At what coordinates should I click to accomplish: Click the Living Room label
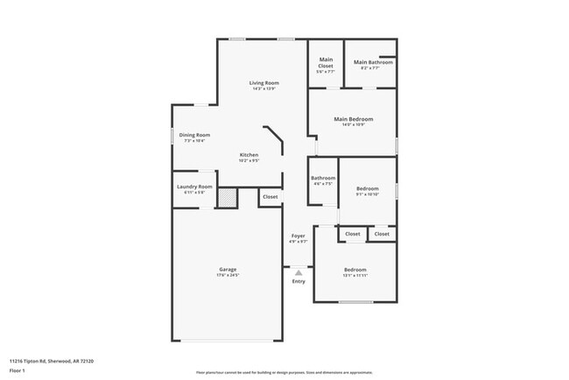(264, 82)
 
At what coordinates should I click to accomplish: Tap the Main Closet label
(325, 62)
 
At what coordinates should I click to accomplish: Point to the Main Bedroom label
(353, 119)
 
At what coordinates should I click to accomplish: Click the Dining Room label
(194, 135)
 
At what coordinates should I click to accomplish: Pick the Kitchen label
(249, 155)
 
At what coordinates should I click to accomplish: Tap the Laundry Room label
(194, 186)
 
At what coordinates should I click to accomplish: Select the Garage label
(228, 269)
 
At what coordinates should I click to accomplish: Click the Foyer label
(298, 236)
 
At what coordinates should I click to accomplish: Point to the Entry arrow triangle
(299, 273)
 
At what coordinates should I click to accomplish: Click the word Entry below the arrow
(299, 281)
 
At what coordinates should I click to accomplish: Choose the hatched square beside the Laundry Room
(227, 199)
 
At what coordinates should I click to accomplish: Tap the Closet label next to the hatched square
(270, 197)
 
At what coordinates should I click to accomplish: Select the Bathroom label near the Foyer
(323, 179)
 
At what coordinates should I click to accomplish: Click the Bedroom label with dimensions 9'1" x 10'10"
(367, 189)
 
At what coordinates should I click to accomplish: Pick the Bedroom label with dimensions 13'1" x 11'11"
(355, 269)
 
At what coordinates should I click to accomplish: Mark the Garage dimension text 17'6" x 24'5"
(228, 275)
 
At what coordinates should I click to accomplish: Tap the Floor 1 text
(18, 370)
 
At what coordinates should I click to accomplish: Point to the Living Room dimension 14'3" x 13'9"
(264, 88)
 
